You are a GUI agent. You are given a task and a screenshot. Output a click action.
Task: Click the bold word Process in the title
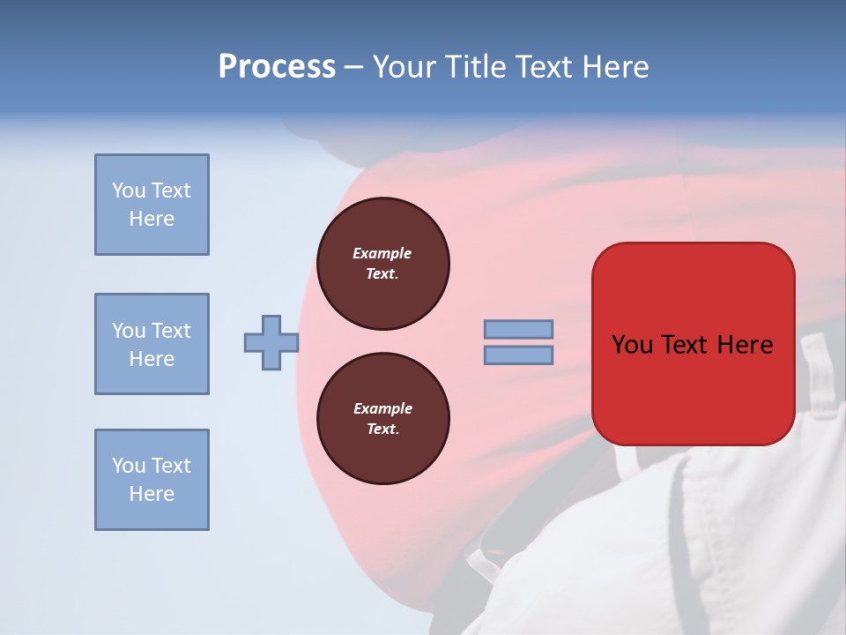[277, 67]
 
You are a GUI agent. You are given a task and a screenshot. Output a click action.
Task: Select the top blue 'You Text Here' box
[152, 205]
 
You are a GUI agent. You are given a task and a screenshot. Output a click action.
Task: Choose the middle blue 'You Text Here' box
[152, 344]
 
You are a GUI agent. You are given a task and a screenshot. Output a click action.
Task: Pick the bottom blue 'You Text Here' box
[152, 480]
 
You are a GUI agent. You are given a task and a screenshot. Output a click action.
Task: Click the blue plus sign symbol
[271, 342]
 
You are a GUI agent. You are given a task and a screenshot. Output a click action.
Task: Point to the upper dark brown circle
[382, 264]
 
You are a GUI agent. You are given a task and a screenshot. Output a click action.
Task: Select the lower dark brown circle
[382, 419]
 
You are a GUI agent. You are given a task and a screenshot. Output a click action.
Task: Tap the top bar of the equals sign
[518, 330]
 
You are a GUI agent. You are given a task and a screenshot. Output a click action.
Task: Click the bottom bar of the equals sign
[518, 355]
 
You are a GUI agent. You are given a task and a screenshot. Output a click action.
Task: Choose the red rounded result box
[693, 344]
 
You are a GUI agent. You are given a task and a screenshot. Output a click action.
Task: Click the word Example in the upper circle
[382, 253]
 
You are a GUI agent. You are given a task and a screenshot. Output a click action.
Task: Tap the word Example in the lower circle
[382, 408]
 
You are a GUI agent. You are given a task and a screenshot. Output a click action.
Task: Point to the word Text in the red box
[680, 344]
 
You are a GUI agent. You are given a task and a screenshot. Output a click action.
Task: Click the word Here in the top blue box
[152, 219]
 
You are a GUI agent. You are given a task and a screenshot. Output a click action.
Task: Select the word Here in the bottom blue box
[152, 494]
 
